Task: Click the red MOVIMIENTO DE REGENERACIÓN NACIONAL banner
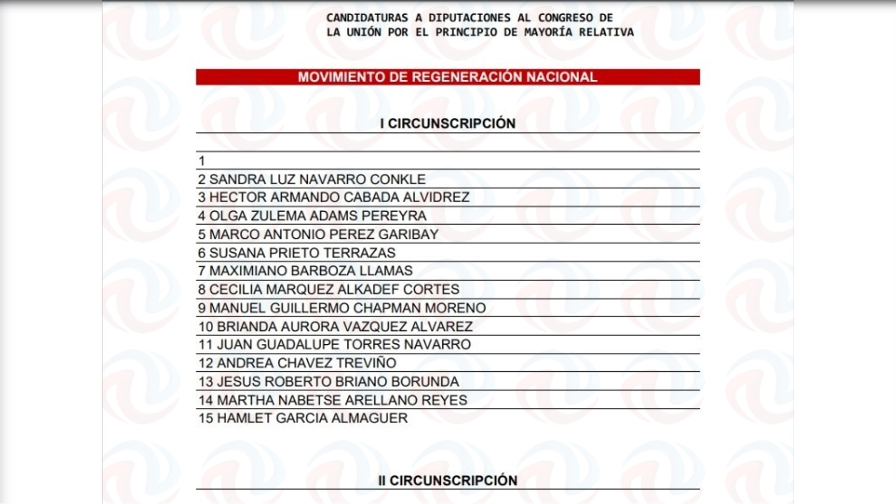(448, 77)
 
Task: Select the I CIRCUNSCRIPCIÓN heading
(448, 124)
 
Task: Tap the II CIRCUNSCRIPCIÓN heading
(448, 480)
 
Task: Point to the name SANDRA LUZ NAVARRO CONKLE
(317, 179)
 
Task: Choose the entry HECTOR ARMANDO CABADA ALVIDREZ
(339, 197)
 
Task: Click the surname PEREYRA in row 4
(394, 216)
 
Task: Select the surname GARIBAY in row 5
(408, 234)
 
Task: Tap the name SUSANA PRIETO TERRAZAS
(302, 253)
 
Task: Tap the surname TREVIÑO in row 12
(366, 363)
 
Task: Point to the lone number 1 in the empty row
(202, 161)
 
